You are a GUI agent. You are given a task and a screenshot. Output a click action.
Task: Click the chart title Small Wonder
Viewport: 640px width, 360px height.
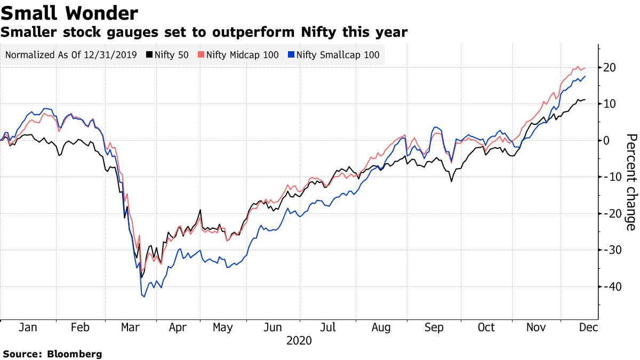point(69,13)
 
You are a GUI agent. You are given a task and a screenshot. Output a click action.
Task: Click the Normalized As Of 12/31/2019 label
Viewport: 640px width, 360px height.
point(71,54)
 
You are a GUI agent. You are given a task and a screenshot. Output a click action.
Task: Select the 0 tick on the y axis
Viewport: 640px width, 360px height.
point(606,140)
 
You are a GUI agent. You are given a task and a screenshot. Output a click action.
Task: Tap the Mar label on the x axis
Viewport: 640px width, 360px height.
point(131,327)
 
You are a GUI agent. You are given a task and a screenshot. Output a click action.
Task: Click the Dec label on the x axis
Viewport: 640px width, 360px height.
point(587,327)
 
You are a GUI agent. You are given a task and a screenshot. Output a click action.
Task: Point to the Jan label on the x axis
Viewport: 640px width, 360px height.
point(28,327)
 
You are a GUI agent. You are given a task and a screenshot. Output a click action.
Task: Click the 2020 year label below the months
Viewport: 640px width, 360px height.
point(299,340)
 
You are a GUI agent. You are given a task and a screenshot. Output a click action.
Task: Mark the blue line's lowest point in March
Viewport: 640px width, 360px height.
point(143,297)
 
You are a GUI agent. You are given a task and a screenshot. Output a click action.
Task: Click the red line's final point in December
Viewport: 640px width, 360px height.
point(586,68)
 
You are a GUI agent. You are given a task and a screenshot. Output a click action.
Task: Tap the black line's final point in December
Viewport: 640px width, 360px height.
point(586,100)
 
